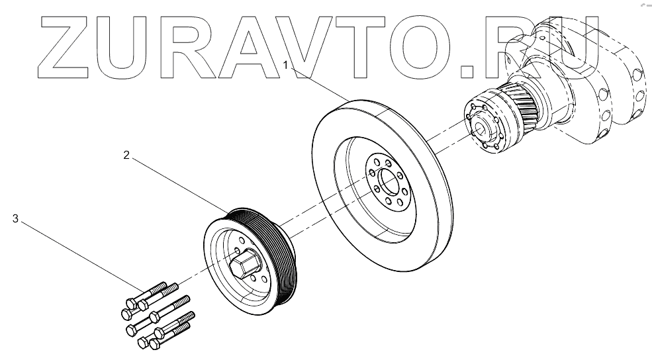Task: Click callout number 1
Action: [x=286, y=65]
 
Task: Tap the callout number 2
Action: [x=126, y=156]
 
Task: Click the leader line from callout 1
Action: [x=318, y=82]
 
